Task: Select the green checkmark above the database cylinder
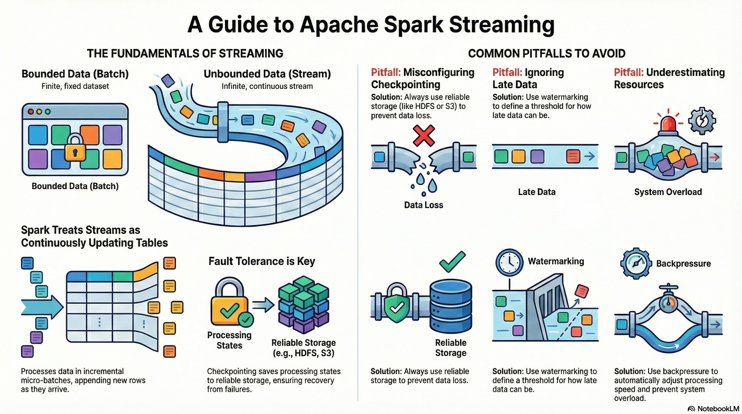click(x=452, y=261)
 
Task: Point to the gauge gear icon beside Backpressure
click(x=636, y=263)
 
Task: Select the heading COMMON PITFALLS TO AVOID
click(x=547, y=54)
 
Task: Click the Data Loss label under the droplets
click(x=423, y=205)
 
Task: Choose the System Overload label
click(x=668, y=192)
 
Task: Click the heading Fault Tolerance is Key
click(x=262, y=261)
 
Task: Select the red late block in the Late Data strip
click(x=573, y=156)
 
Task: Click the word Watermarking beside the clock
click(x=556, y=261)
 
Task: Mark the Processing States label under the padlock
click(x=229, y=340)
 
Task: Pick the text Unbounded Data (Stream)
click(x=267, y=74)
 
